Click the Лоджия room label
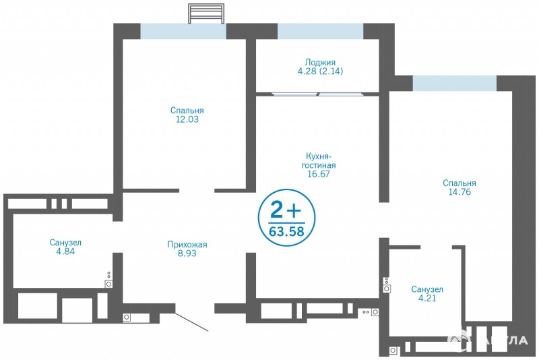coord(320,63)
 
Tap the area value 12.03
coord(187,119)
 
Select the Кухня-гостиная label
coord(319,161)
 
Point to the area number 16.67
coord(319,174)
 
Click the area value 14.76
coord(459,192)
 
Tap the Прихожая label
coord(187,245)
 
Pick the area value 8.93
coord(187,253)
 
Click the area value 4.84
coord(65,251)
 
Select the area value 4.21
coord(427,298)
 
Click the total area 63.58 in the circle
coord(287,231)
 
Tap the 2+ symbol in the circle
coord(286,210)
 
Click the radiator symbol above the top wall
coord(206,13)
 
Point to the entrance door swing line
coord(192,322)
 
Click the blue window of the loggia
coord(321,31)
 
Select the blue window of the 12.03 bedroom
coord(183,31)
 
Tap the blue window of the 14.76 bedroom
coord(455,83)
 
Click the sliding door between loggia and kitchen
coord(318,93)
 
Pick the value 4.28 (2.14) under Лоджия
coord(320,71)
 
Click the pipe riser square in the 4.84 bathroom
coord(109,284)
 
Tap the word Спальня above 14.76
coord(459,183)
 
